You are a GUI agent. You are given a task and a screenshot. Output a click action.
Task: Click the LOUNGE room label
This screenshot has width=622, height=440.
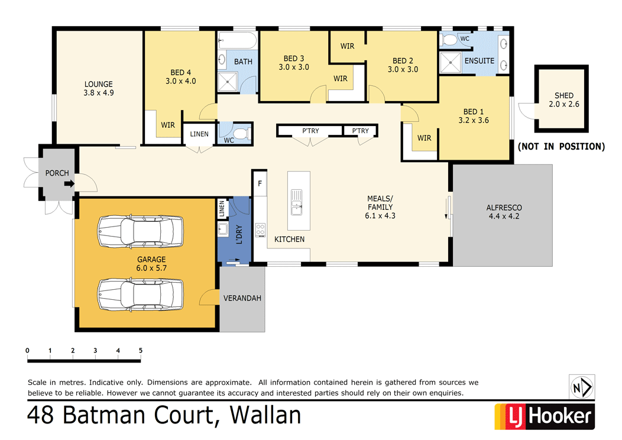click(x=98, y=85)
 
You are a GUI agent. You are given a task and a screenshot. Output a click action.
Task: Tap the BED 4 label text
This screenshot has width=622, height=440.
click(x=180, y=72)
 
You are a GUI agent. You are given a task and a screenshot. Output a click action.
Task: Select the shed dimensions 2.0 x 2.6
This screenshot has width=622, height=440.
click(x=563, y=105)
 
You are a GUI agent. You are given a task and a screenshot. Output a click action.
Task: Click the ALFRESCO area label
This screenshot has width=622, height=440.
click(x=504, y=208)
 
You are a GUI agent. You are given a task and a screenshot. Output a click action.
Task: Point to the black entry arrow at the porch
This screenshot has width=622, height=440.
click(x=69, y=183)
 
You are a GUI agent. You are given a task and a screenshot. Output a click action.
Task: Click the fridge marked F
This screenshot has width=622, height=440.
click(x=260, y=183)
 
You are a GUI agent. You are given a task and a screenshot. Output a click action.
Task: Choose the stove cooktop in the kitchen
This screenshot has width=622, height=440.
click(x=260, y=230)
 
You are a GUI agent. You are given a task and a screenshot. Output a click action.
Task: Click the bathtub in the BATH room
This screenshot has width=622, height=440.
click(x=237, y=42)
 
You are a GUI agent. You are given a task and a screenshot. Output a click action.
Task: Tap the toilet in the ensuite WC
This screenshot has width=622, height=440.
click(x=451, y=40)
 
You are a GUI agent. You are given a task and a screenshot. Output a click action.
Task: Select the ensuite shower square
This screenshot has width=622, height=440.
click(x=451, y=62)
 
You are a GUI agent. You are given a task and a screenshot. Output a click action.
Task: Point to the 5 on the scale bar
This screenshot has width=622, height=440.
click(x=141, y=350)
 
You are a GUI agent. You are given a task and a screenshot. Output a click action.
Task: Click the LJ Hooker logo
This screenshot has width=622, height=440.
click(x=543, y=416)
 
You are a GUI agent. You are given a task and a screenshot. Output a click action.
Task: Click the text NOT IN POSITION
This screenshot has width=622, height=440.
click(x=561, y=146)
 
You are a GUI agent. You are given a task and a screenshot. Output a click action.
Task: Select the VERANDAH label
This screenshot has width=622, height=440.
click(x=242, y=298)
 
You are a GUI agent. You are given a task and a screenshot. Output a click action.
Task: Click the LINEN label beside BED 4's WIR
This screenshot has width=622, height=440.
click(x=199, y=134)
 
